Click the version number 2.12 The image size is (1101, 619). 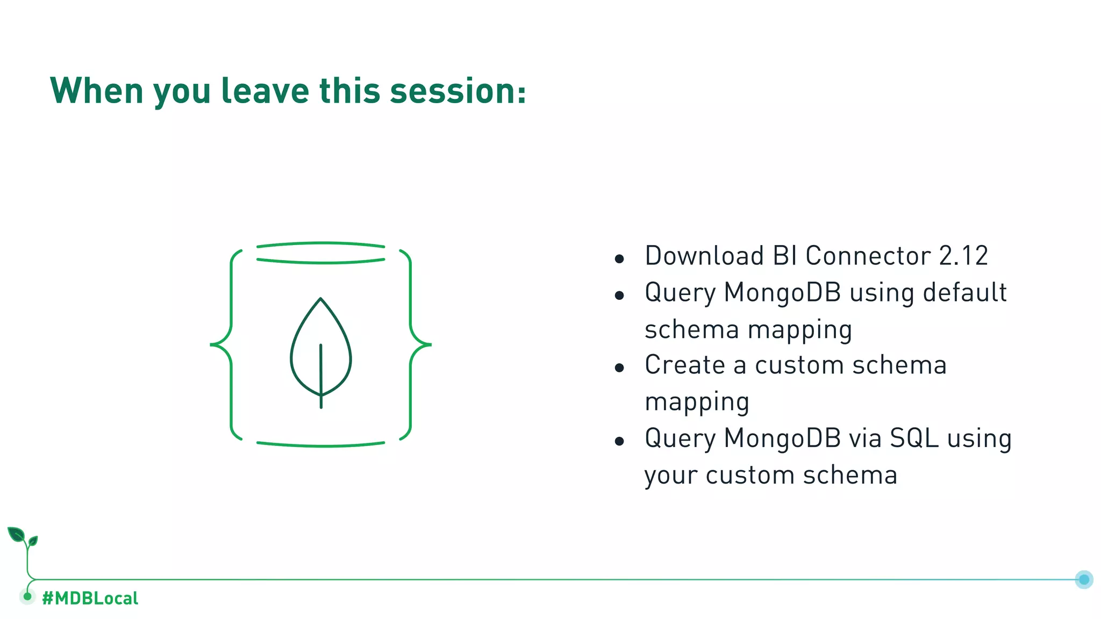coord(963,256)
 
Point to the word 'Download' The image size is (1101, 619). coord(704,256)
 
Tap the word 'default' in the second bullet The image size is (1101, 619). coord(964,293)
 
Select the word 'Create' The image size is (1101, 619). coord(685,365)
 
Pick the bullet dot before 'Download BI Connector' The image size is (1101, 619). coord(619,260)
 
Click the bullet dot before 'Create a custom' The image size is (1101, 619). coord(619,369)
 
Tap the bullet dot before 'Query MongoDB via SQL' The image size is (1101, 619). coord(619,442)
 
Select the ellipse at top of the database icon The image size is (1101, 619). coord(321,253)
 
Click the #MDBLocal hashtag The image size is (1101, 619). coord(90,598)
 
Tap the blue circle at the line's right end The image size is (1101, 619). coord(1084,579)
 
